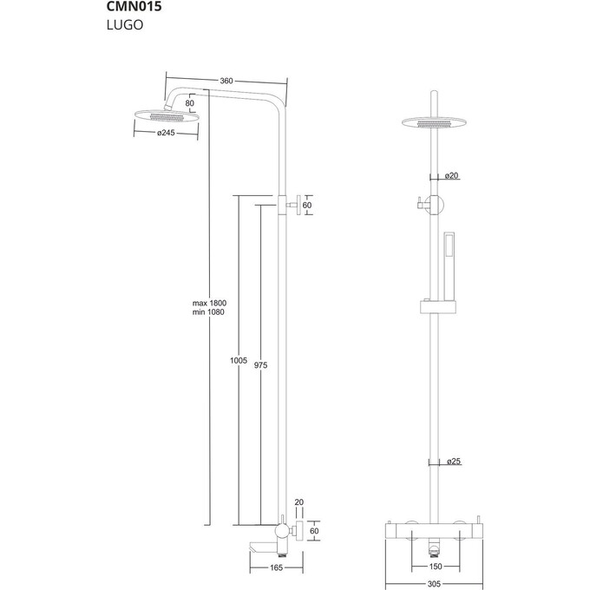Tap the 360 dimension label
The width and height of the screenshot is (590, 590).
226,81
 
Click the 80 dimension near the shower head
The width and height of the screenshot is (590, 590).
189,102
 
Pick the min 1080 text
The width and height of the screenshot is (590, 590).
209,312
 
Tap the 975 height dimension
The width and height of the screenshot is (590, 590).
260,365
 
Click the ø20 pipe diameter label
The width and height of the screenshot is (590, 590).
451,176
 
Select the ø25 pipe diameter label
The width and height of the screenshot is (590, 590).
451,462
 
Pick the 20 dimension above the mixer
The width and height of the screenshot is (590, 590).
299,502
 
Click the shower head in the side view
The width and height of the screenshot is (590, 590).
167,115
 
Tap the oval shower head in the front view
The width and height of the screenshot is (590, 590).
432,122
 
